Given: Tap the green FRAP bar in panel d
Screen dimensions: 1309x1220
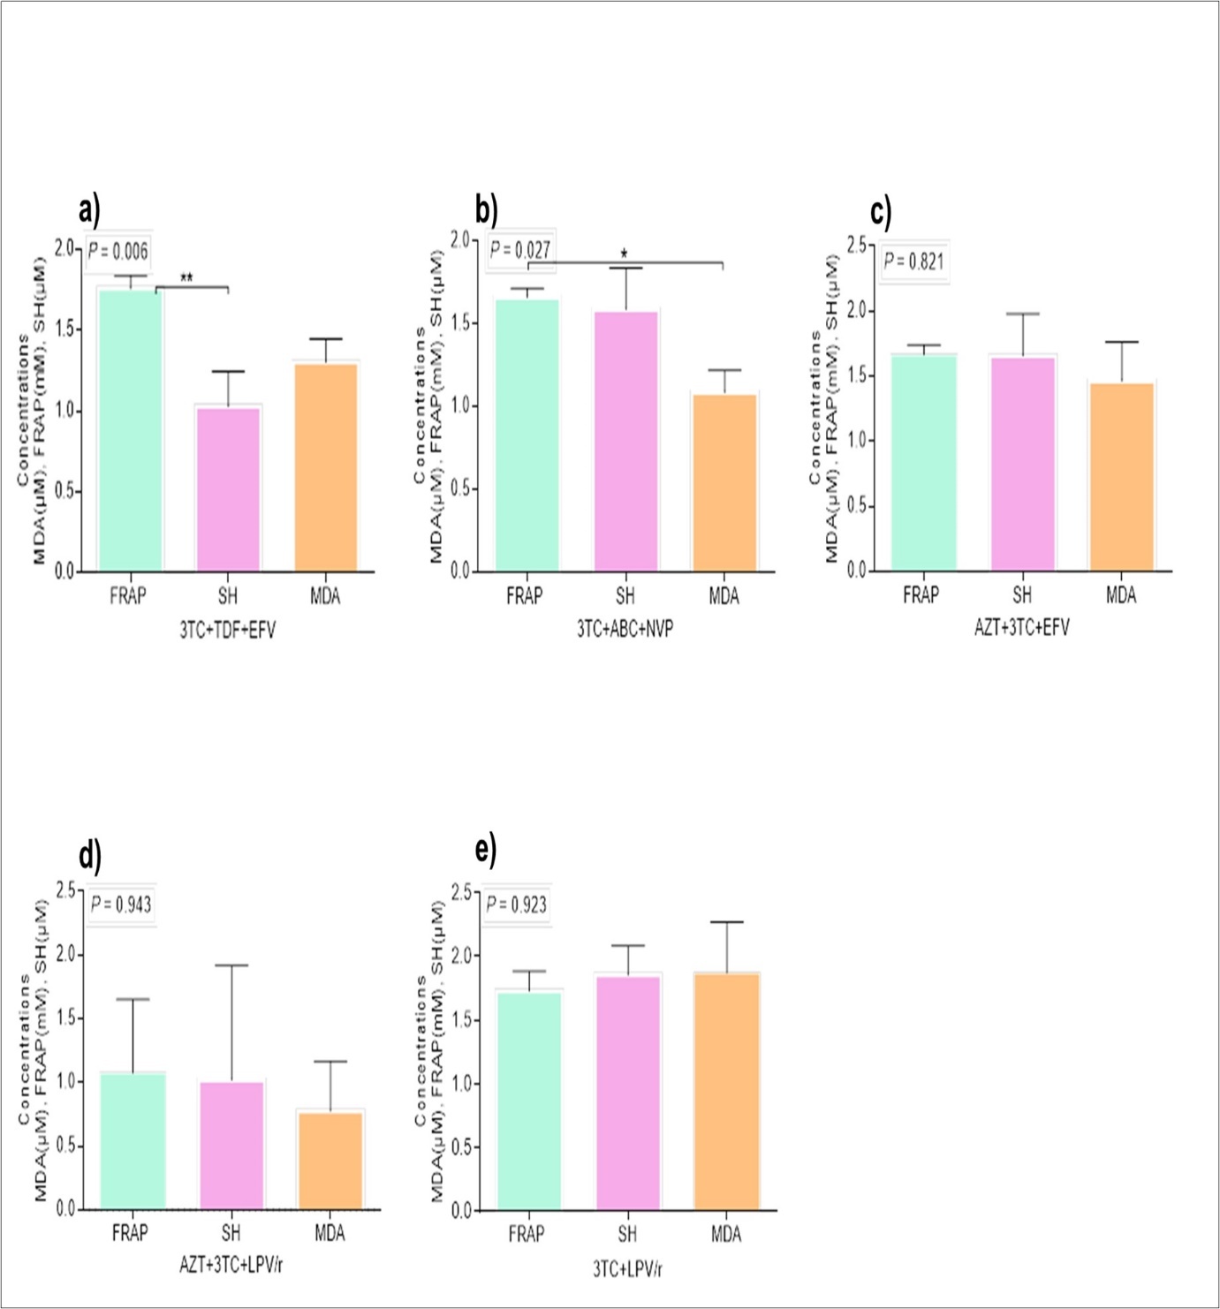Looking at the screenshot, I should (133, 1140).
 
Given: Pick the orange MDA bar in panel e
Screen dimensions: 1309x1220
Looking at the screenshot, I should (727, 1091).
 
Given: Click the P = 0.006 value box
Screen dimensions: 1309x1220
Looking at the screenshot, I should (118, 252).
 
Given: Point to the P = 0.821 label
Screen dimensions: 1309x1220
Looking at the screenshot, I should (914, 261).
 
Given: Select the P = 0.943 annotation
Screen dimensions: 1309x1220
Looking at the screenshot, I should (121, 904).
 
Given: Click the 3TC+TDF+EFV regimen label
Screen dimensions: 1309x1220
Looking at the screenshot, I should (228, 630).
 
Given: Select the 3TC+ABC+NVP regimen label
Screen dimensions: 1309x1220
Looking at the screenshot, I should (625, 630).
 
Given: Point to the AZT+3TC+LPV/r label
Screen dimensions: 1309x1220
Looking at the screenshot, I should (231, 1265).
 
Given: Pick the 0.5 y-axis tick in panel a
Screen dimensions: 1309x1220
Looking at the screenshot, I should (64, 492).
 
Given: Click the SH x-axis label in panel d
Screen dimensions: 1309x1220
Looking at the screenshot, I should (231, 1232).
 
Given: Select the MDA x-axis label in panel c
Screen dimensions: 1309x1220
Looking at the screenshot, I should (1121, 595).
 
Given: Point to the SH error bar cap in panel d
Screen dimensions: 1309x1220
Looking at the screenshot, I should (231, 965).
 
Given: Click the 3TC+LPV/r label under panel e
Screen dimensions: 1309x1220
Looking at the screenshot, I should (627, 1268).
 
